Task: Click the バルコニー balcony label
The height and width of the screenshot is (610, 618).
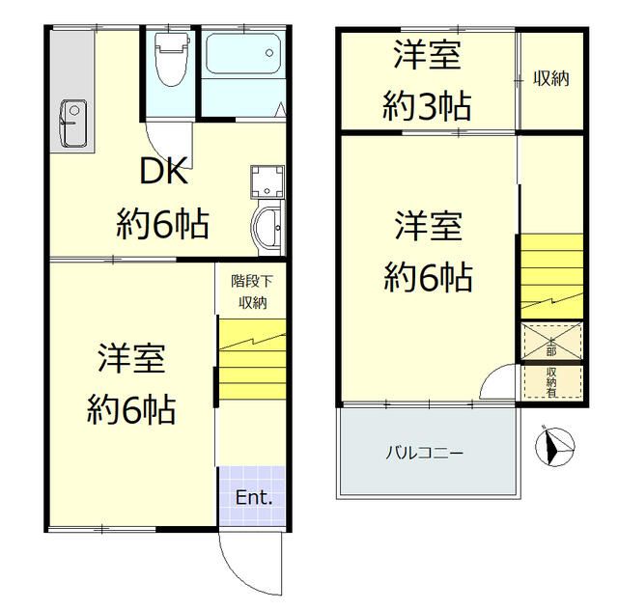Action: pyautogui.click(x=426, y=451)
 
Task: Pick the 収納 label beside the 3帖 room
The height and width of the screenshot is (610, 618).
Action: pyautogui.click(x=551, y=79)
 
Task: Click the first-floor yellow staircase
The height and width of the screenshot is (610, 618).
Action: pyautogui.click(x=251, y=361)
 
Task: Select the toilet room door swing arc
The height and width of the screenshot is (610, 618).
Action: pyautogui.click(x=159, y=134)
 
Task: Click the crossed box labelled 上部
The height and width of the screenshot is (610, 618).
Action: pyautogui.click(x=552, y=342)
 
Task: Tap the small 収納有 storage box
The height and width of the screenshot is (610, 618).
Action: pyautogui.click(x=552, y=379)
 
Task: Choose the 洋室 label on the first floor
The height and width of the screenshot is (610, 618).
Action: pyautogui.click(x=131, y=359)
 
